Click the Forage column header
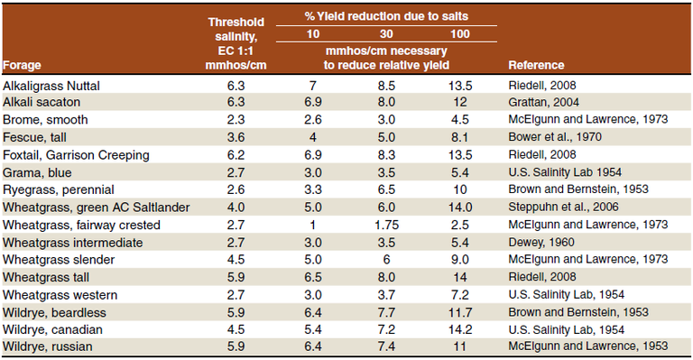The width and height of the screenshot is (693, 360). (23, 65)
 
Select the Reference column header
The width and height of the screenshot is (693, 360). (536, 65)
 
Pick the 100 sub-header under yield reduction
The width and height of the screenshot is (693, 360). (458, 34)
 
